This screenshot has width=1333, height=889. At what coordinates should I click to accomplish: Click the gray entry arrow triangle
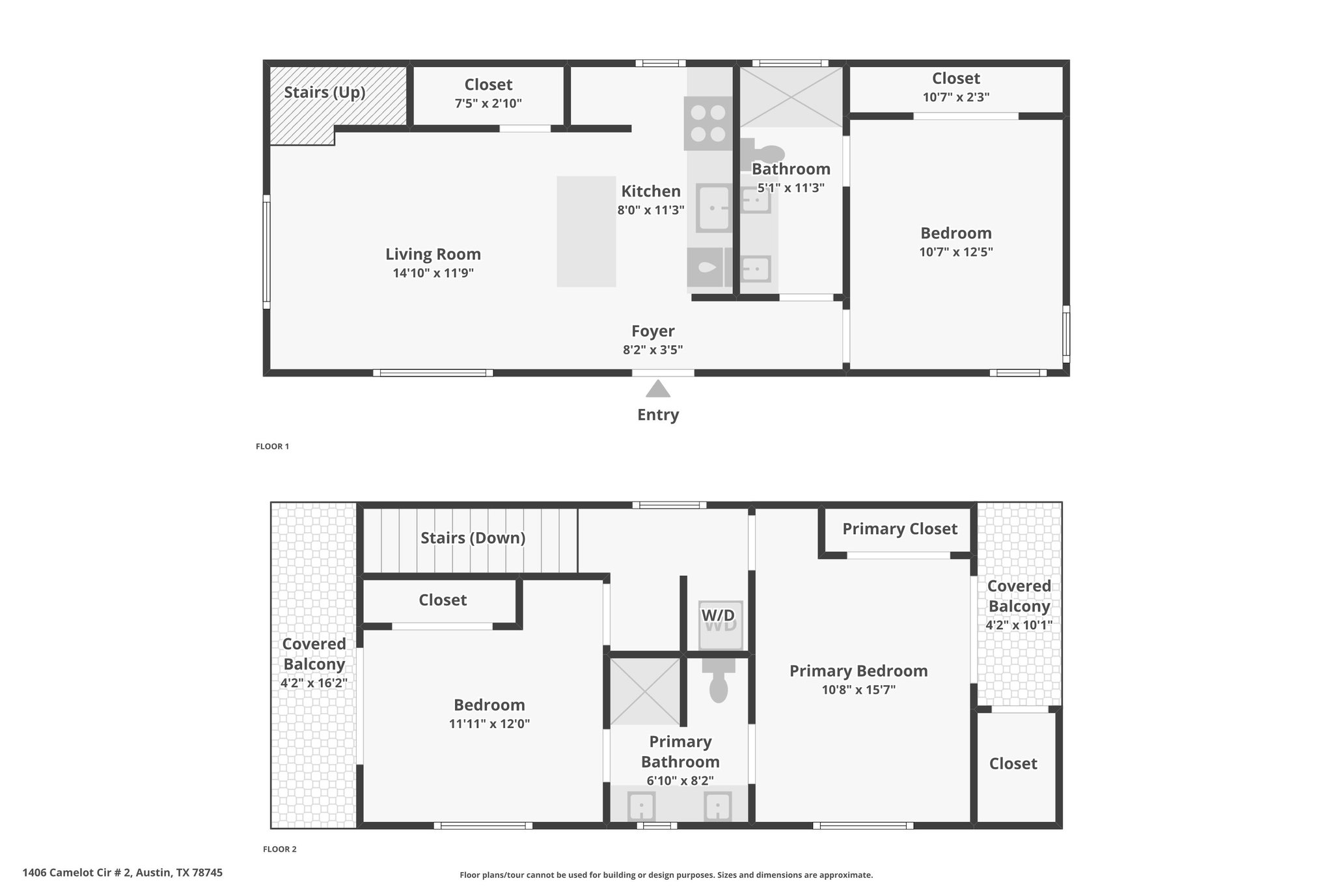point(658,389)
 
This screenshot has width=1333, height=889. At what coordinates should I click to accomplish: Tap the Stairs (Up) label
point(325,92)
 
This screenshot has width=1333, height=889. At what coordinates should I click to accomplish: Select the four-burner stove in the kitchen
point(708,124)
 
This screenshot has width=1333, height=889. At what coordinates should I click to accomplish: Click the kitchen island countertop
point(586,231)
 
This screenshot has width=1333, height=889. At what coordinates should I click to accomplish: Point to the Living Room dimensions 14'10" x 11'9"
point(433,273)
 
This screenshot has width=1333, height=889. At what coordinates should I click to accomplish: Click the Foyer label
point(653,331)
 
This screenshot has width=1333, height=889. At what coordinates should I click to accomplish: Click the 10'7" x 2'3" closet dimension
point(956,97)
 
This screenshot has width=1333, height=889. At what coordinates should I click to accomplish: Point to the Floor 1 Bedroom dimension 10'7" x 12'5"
point(956,252)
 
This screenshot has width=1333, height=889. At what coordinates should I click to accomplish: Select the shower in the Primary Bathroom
point(645,691)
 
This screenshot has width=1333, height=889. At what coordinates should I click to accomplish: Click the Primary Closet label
point(900,529)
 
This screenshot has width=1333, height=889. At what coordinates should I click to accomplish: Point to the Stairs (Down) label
point(473,538)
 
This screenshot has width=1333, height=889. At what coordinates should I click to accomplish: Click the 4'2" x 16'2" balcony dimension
point(314,683)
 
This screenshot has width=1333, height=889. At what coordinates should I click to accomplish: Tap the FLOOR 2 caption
point(280,849)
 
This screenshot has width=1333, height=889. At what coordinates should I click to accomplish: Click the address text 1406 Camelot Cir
point(77,873)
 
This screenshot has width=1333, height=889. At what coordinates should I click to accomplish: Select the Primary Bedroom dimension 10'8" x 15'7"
point(859,690)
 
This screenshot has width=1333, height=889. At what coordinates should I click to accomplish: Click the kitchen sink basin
point(713,208)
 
